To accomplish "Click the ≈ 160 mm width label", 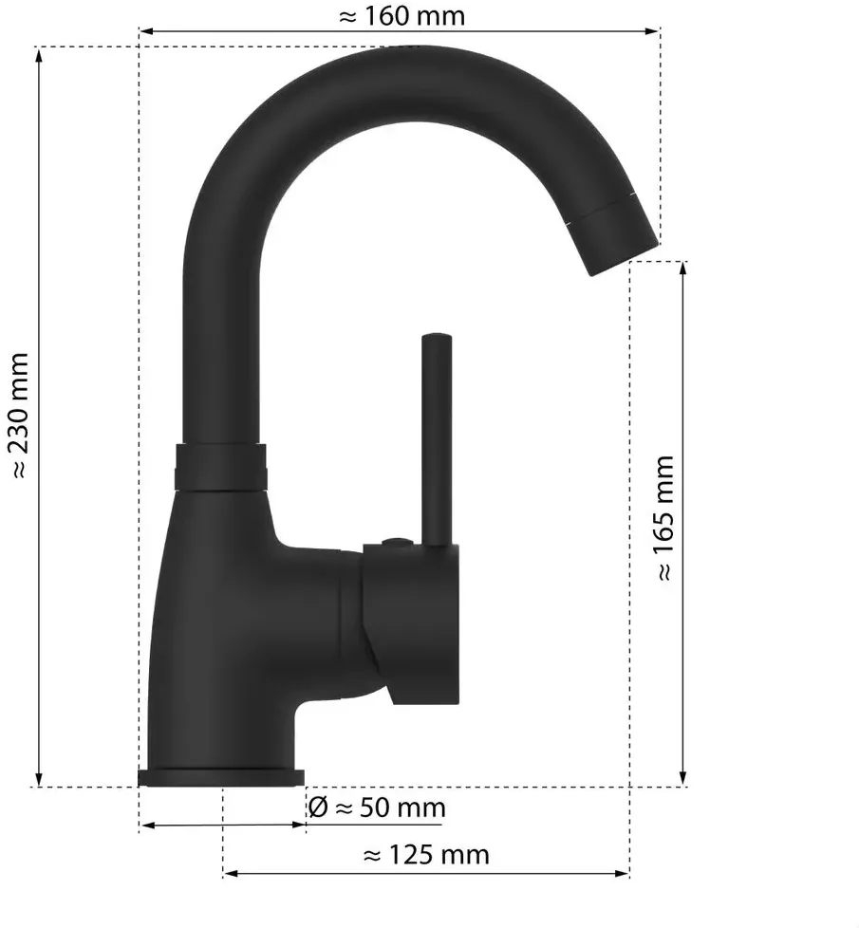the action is [401, 16].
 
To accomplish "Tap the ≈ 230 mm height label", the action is [19, 415].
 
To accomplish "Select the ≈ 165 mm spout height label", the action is [664, 518].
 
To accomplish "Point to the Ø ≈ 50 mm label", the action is [377, 807].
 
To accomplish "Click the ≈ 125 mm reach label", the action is [426, 855].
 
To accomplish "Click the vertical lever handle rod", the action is [437, 439].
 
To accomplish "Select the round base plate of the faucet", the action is [221, 778].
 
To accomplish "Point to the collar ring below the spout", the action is [220, 468].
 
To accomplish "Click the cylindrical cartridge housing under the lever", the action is [411, 623].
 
